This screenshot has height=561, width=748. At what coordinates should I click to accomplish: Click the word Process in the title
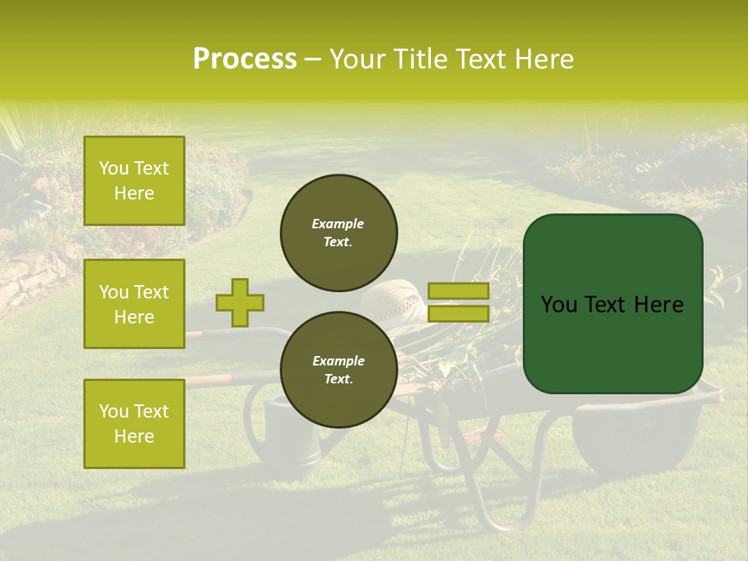pos(245,59)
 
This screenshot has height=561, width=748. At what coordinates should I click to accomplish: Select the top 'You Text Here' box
pos(134,181)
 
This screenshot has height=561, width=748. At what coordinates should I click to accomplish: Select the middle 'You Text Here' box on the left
pos(134,304)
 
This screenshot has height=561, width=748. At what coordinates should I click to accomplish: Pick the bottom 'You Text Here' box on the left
pos(134,423)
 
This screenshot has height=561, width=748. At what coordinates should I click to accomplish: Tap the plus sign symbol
pos(240,302)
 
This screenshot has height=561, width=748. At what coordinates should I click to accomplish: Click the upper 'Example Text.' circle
pos(338,233)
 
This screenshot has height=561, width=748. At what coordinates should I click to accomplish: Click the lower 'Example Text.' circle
pos(338,370)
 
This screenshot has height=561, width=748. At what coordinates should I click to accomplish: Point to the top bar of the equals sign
pos(458,291)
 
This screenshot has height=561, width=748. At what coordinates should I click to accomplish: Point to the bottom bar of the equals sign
pos(458,314)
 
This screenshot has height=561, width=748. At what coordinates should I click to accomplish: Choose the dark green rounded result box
pos(612,304)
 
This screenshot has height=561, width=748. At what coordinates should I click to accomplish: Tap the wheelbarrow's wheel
pos(631,436)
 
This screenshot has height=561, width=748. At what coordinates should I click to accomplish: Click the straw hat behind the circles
pos(393,300)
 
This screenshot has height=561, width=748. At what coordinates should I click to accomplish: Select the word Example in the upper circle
pos(338,224)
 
